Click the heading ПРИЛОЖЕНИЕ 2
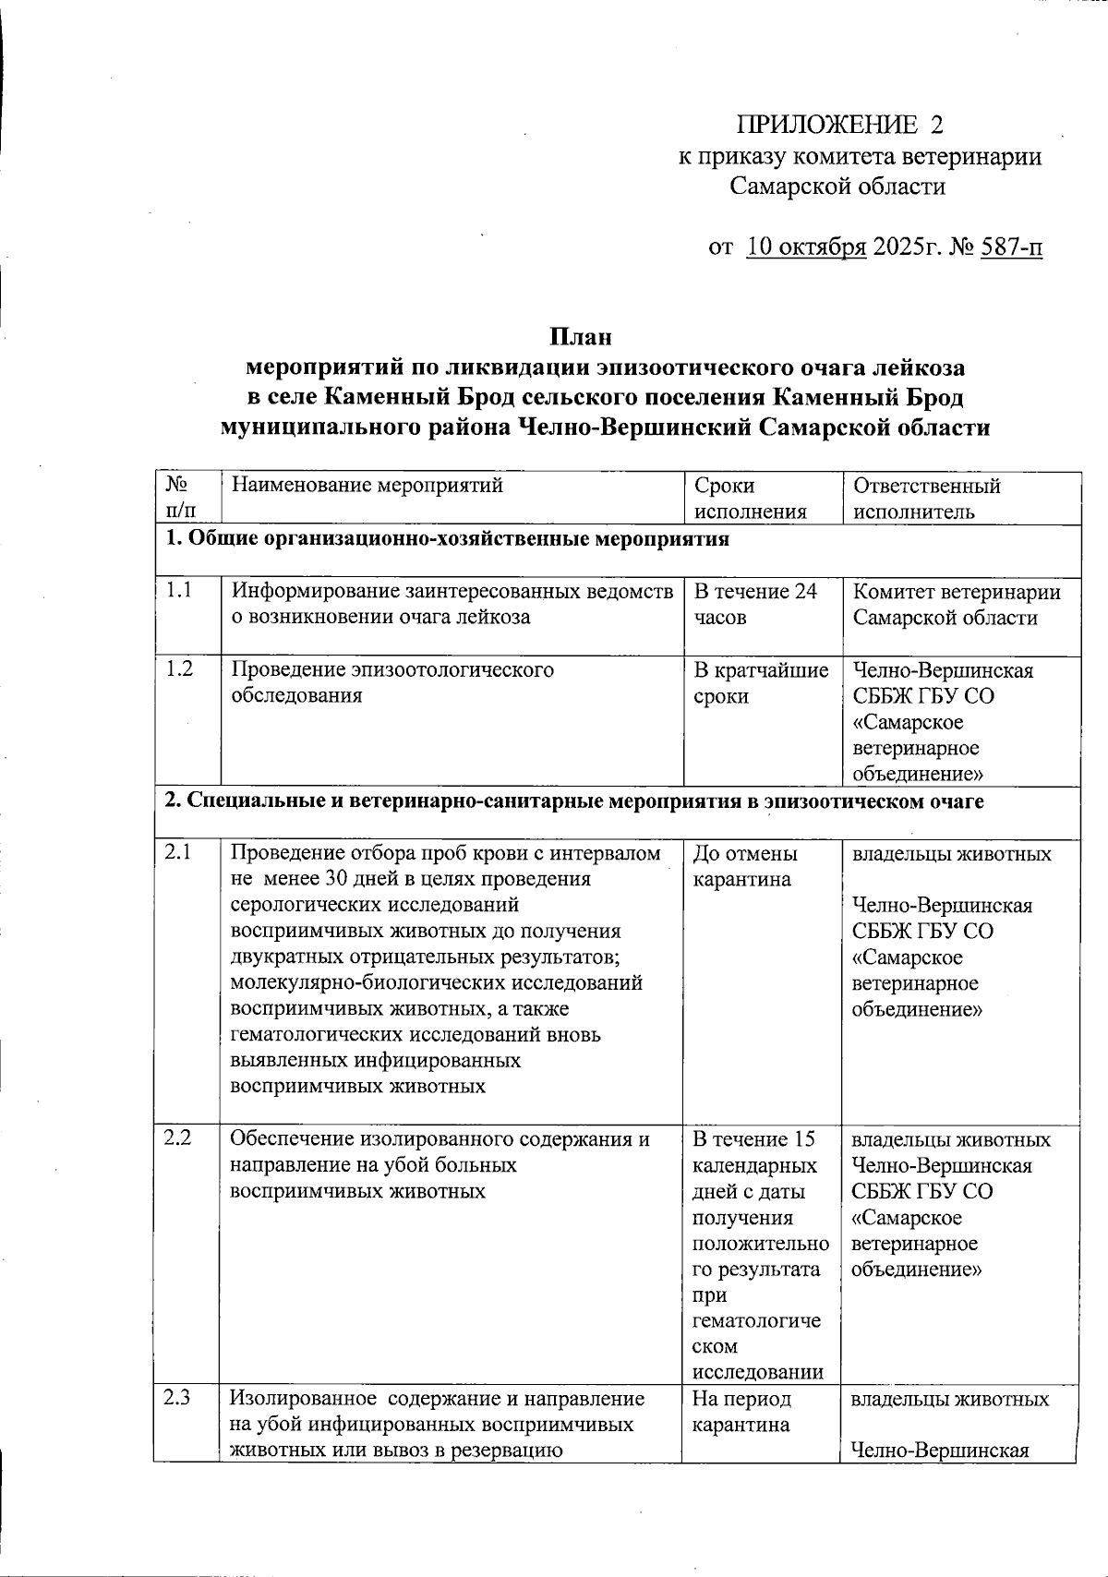coord(839,125)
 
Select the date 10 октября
coord(805,247)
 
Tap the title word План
coord(581,337)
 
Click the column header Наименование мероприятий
coord(367,486)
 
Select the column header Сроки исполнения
coord(750,499)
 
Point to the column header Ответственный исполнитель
coord(926,499)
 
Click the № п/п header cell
coord(179,499)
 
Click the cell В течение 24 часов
coord(754,604)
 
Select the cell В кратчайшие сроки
coord(760,682)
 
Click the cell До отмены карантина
coord(744,866)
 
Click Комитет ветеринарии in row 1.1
coord(956,592)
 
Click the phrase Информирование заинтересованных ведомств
coord(452,592)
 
